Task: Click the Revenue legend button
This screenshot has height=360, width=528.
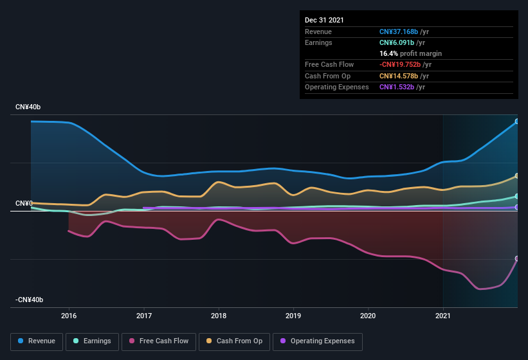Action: (37, 341)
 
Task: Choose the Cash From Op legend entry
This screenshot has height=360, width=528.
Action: (234, 341)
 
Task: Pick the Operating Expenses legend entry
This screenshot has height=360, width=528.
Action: (318, 341)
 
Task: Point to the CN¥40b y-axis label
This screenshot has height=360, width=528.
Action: (28, 107)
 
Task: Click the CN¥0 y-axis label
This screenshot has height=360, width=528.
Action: (24, 203)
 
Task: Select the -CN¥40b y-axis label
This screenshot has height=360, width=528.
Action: (30, 300)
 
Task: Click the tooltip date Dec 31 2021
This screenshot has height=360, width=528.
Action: (324, 20)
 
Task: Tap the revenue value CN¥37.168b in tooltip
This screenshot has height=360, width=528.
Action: (399, 32)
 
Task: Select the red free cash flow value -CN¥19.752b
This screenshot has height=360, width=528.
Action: (401, 64)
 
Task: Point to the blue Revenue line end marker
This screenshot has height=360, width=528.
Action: (517, 121)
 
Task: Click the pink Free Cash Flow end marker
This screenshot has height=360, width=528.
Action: (517, 258)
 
